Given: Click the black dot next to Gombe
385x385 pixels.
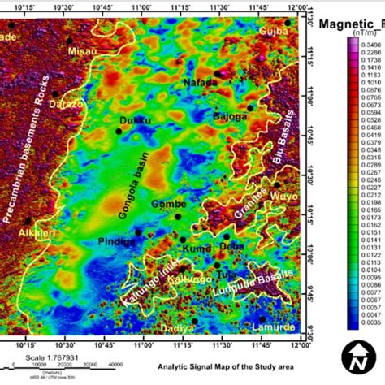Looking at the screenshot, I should point(178,215).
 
